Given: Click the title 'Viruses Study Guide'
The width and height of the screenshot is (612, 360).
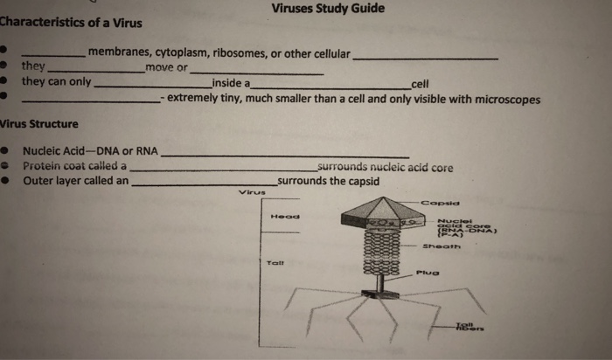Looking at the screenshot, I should (x=328, y=9).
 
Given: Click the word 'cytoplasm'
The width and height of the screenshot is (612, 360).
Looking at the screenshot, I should (x=180, y=53).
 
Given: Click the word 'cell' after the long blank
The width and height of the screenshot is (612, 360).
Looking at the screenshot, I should (x=420, y=84).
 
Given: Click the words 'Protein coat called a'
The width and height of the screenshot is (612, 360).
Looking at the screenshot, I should (x=74, y=166).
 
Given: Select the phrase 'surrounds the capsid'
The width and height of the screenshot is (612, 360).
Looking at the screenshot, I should (x=328, y=182).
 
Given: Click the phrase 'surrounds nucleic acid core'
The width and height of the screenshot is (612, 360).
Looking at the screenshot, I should (x=386, y=167).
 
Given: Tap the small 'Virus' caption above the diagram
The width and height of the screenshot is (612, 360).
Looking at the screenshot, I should (x=251, y=192).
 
